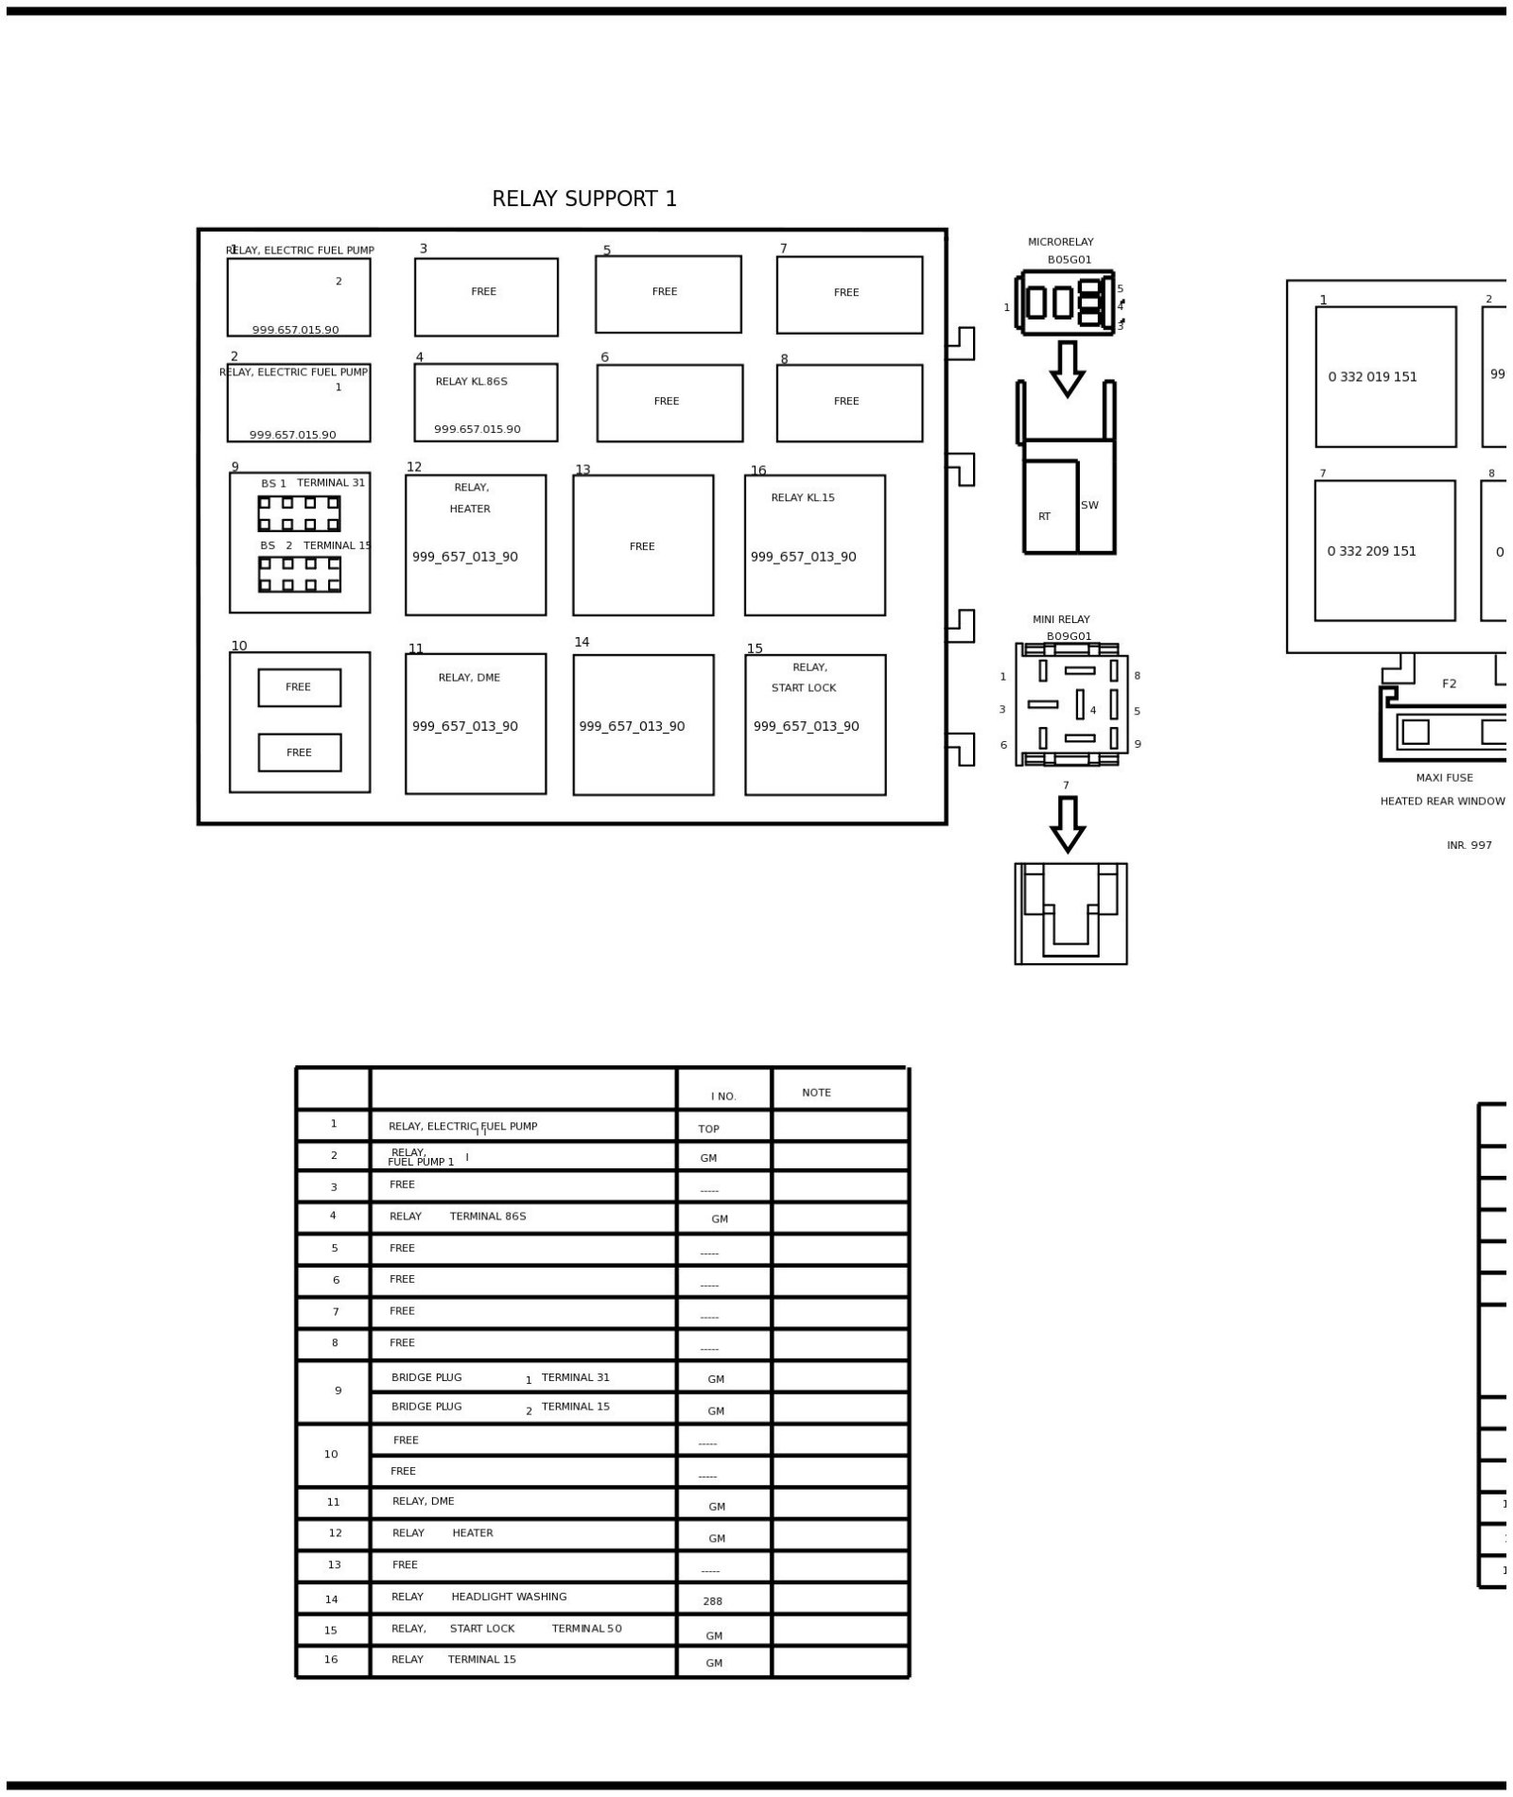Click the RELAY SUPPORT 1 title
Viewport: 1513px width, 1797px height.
[x=584, y=199]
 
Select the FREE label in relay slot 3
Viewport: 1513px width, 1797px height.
[x=483, y=292]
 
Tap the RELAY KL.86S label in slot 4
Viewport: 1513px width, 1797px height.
[x=471, y=382]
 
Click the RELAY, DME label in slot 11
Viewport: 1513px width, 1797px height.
[x=469, y=678]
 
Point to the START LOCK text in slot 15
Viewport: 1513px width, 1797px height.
[x=804, y=688]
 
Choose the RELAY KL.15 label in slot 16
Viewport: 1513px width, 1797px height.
[x=803, y=498]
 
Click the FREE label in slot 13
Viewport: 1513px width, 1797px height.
[x=642, y=546]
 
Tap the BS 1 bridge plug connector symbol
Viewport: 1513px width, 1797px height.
[x=299, y=514]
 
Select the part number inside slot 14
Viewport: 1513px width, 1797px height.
[x=632, y=727]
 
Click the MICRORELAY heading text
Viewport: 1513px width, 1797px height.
[x=1061, y=242]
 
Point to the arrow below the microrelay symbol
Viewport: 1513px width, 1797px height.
[x=1068, y=369]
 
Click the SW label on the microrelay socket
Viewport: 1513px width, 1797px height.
[x=1089, y=506]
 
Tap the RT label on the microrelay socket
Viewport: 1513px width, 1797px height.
[x=1044, y=517]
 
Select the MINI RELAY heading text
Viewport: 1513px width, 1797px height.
[x=1061, y=620]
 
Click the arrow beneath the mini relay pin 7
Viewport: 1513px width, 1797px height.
[x=1068, y=824]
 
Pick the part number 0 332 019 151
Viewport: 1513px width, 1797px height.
[x=1372, y=377]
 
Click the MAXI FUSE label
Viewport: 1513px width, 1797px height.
[x=1444, y=778]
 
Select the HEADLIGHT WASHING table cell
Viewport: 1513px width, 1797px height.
[x=509, y=1597]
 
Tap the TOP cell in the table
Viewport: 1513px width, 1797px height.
[x=708, y=1129]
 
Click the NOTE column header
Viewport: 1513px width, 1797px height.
[x=816, y=1093]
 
